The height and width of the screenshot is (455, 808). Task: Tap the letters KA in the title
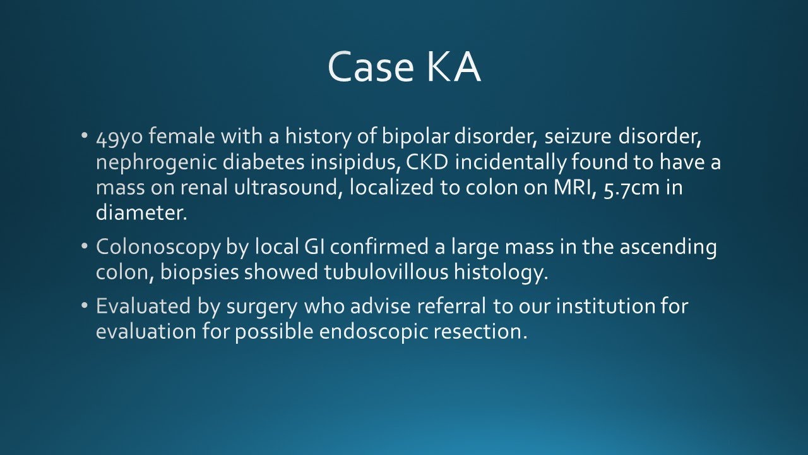click(453, 67)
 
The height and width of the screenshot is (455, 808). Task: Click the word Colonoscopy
click(158, 248)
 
